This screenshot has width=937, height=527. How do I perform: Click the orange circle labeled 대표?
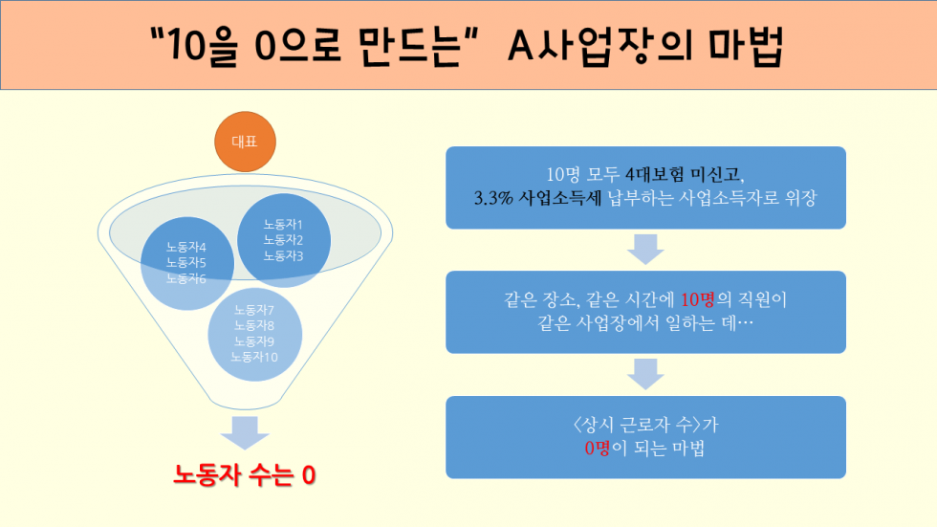245,142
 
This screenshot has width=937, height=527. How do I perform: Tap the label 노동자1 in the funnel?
283,225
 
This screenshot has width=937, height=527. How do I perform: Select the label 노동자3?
283,255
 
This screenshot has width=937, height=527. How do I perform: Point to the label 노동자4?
185,247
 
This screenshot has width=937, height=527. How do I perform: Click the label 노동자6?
185,278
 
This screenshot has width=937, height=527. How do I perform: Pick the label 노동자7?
254,310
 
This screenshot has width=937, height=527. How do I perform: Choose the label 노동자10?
254,357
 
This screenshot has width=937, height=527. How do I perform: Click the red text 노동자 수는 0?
245,475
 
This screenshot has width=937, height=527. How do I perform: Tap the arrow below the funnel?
245,432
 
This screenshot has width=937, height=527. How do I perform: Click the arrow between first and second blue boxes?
645,250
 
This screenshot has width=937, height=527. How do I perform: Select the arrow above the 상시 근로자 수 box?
645,374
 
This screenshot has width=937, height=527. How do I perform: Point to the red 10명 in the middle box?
697,299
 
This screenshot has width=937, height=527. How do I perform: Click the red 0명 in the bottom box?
598,448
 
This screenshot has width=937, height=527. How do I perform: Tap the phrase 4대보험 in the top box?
654,174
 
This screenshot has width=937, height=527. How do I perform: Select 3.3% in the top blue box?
493,198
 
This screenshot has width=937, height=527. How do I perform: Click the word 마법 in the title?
746,45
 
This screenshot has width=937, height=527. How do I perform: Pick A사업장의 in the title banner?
600,45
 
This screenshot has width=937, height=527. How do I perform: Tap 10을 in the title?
203,45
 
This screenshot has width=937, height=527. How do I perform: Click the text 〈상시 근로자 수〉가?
645,425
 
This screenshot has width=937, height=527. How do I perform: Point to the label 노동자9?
254,341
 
